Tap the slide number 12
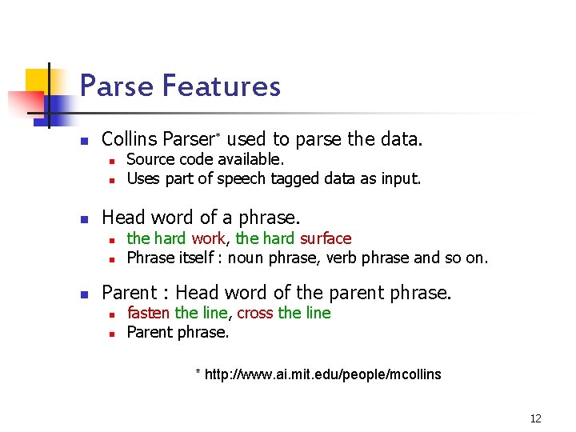point(535,418)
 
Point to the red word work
point(208,238)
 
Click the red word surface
point(326,238)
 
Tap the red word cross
point(255,313)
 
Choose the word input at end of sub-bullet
point(399,178)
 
